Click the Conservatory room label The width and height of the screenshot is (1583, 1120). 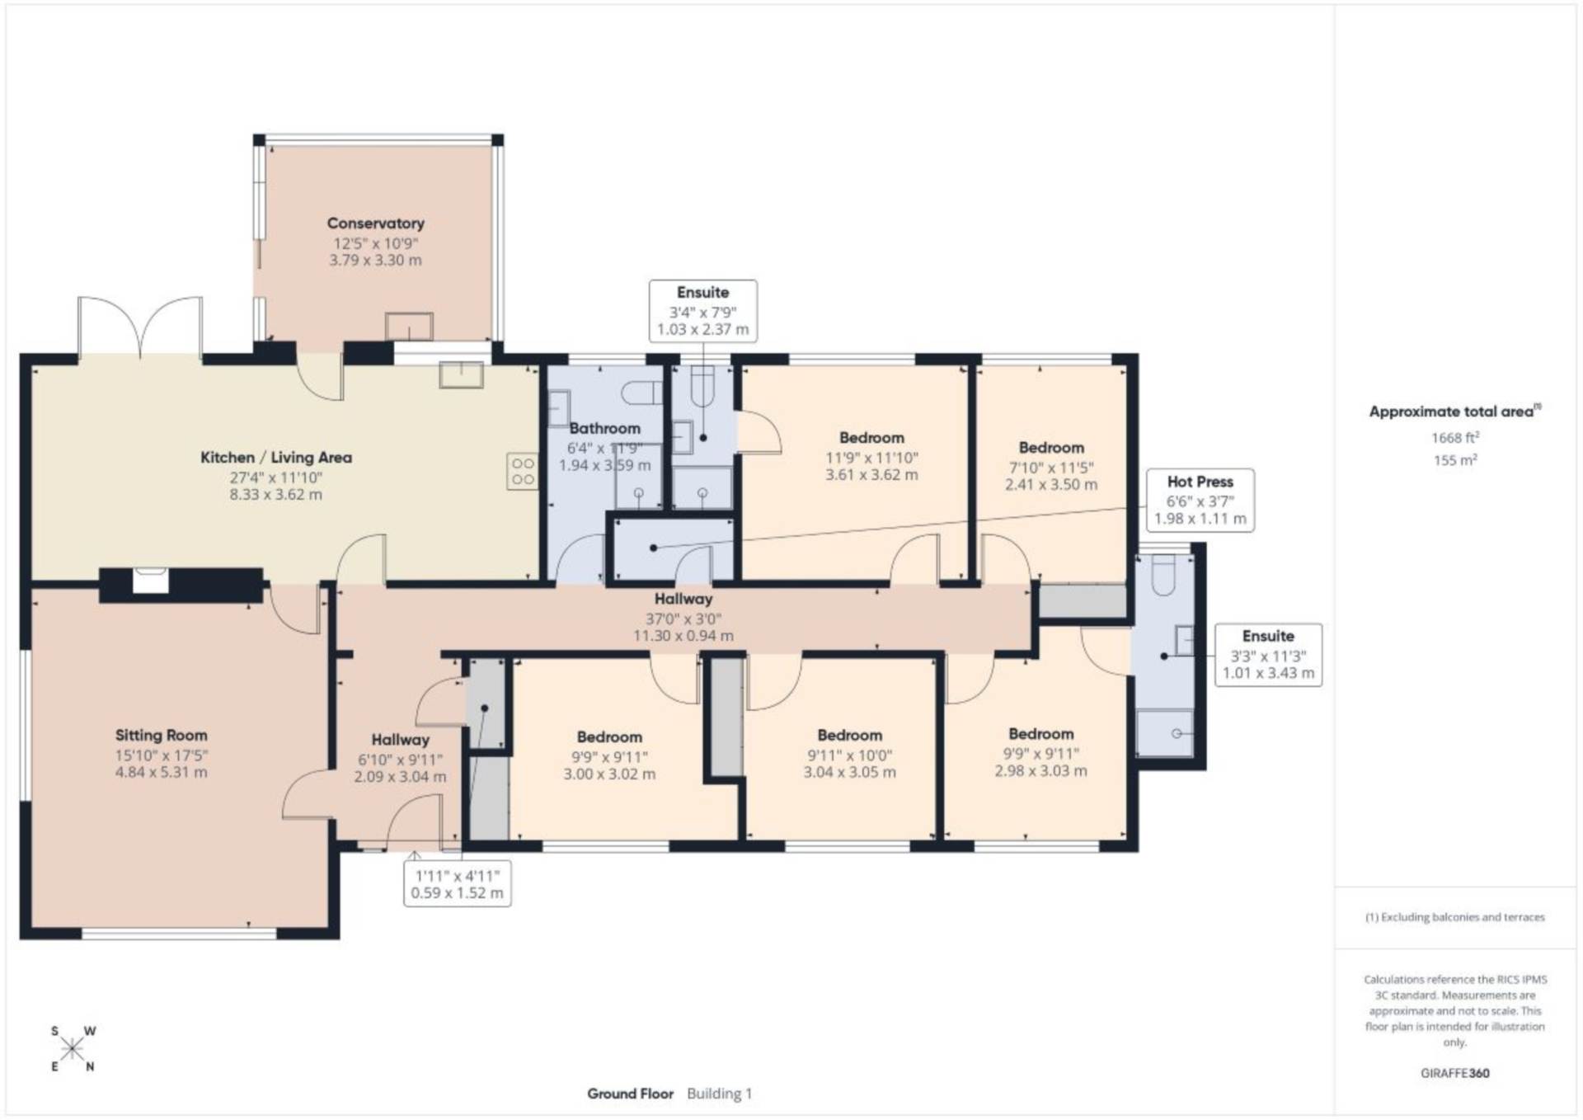[x=375, y=224]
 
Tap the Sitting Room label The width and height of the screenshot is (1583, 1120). [x=162, y=736]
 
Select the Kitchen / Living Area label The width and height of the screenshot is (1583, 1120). [x=276, y=458]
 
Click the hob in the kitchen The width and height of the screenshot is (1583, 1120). [x=523, y=472]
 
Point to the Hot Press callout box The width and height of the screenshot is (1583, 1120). [x=1200, y=500]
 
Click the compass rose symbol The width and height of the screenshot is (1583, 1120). [x=73, y=1049]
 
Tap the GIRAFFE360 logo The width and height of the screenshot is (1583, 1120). [x=1455, y=1073]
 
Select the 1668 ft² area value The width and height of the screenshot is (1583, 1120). [x=1455, y=438]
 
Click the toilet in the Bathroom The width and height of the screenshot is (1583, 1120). [x=643, y=393]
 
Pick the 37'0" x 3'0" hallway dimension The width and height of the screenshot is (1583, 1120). [x=683, y=619]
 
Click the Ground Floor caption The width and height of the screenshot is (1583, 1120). [x=631, y=1094]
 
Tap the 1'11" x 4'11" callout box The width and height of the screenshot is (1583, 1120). [x=458, y=884]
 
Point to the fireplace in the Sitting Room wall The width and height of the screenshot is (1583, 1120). [x=151, y=580]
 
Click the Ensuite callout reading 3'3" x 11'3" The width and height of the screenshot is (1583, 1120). [x=1269, y=654]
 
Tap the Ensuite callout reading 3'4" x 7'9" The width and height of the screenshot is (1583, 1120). [x=703, y=310]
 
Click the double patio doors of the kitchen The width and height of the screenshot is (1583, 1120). [x=140, y=327]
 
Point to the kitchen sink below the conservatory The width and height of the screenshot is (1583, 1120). [x=462, y=375]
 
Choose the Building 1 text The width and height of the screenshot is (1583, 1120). [x=720, y=1094]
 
